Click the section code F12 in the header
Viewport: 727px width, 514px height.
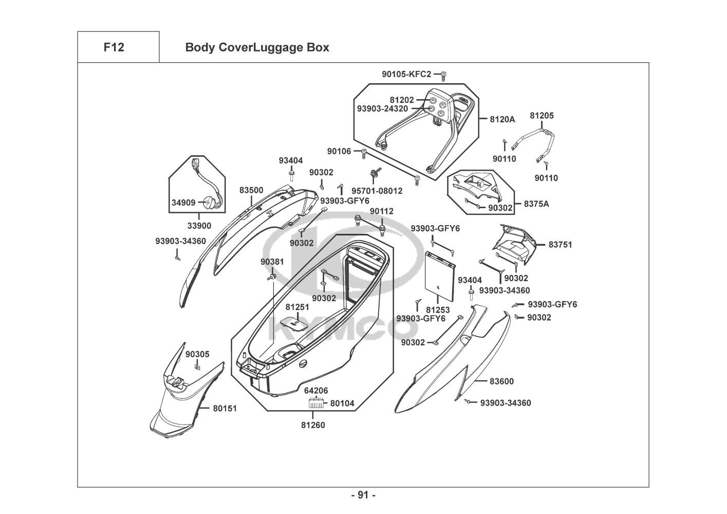(114, 47)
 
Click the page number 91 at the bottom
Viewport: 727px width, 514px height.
(363, 495)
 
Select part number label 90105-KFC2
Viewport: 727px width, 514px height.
(406, 75)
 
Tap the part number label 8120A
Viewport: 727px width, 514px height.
(502, 119)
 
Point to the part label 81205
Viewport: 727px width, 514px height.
(542, 116)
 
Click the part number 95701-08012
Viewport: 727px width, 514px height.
(377, 191)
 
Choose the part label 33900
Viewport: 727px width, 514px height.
(199, 226)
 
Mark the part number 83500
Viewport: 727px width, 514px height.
(251, 191)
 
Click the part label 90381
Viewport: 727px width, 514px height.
(272, 262)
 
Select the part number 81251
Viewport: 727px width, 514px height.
(297, 307)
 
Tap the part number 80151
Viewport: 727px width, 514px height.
(225, 409)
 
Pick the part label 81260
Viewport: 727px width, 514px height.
(313, 425)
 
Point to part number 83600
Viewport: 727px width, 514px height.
(501, 381)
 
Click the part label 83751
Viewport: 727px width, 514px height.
(560, 245)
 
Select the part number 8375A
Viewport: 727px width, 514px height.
(536, 204)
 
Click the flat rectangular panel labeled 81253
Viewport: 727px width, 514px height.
(440, 276)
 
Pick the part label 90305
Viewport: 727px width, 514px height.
(197, 355)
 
